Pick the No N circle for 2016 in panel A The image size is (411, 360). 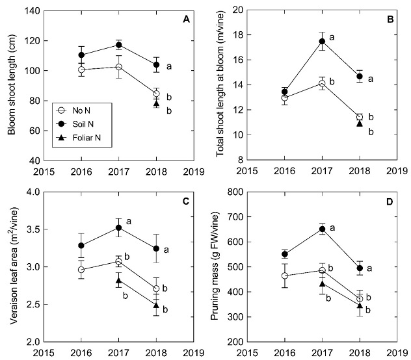point(81,70)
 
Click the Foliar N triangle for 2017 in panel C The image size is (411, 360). point(118,280)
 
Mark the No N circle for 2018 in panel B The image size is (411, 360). point(359,117)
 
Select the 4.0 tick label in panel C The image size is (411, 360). point(29,192)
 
